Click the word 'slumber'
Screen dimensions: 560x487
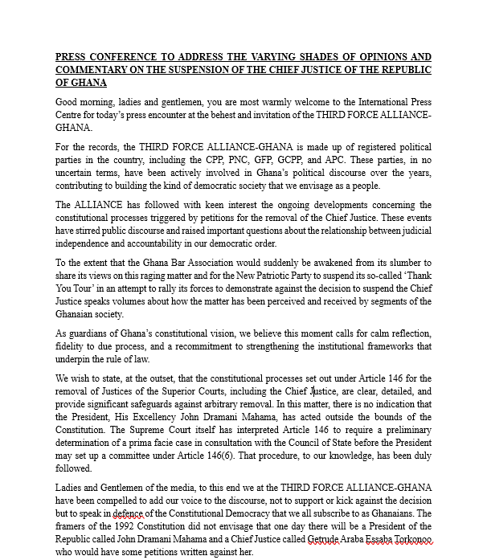tap(399, 263)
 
